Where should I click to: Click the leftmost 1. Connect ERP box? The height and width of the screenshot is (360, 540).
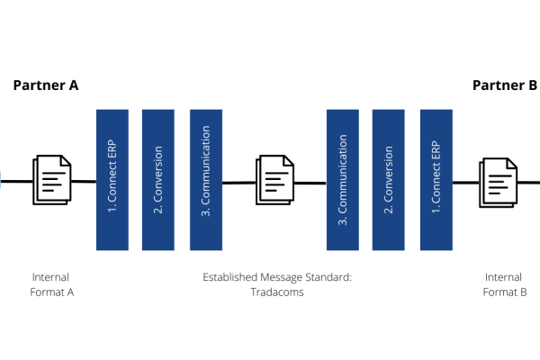[112, 180]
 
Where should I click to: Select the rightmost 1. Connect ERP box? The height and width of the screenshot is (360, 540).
[436, 180]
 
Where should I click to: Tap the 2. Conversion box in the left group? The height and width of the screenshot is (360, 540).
[158, 180]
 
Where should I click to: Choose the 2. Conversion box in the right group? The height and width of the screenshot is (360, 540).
[389, 180]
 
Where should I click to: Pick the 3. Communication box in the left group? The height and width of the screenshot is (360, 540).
[206, 180]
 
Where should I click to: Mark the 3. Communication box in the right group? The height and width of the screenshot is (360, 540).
[343, 180]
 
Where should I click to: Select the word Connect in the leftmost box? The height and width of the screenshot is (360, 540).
[112, 183]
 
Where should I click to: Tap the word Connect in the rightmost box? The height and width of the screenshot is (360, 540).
[436, 183]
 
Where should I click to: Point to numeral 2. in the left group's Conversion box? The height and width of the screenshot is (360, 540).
[158, 210]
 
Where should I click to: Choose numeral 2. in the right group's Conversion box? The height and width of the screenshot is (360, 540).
[389, 210]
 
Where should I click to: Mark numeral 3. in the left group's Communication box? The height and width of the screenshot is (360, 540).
[206, 213]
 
